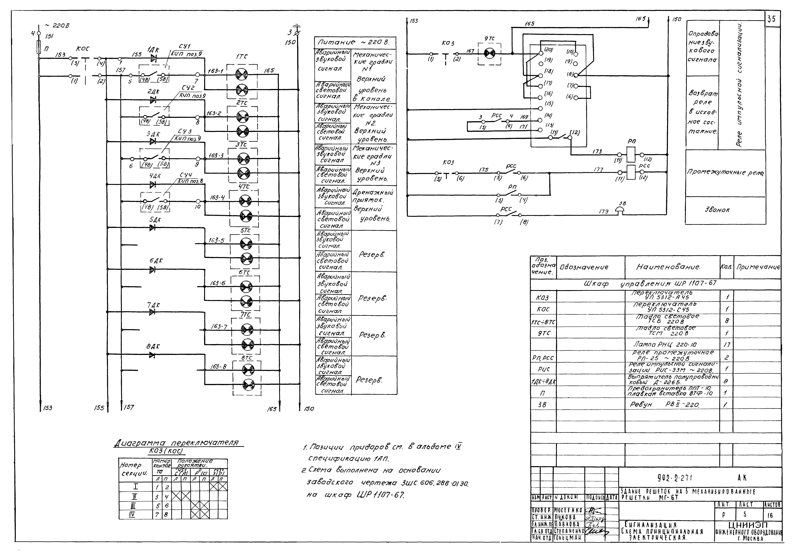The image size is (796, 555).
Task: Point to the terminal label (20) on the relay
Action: coord(548,50)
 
